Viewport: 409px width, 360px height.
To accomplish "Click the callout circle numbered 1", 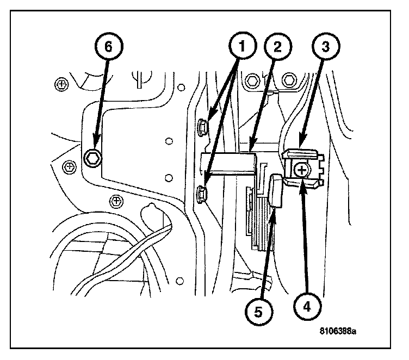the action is [x=242, y=46].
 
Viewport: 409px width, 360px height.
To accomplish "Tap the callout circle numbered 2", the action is [x=277, y=47].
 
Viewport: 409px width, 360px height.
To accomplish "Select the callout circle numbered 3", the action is [x=325, y=47].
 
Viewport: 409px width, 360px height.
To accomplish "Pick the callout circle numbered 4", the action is [x=307, y=306].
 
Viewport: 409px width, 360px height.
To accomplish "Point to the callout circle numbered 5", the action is [x=258, y=312].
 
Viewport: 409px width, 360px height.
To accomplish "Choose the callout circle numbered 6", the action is [x=109, y=46].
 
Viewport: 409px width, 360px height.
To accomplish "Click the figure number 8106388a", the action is [x=338, y=331].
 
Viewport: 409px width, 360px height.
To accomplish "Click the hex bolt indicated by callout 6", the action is [x=93, y=158].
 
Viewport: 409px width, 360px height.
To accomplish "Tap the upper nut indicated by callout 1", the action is [x=203, y=127].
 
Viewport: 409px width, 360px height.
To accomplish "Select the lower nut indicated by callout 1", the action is [x=202, y=194].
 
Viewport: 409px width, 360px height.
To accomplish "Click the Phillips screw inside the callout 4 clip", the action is [x=302, y=171].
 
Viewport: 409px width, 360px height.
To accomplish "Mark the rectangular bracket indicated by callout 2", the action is [x=228, y=164].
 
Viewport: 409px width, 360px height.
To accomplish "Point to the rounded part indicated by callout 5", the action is [x=276, y=191].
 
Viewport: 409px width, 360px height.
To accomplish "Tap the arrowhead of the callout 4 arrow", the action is [x=302, y=187].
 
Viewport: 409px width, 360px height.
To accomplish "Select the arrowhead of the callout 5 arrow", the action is [x=273, y=216].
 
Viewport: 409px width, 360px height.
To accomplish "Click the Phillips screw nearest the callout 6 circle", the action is [x=61, y=84].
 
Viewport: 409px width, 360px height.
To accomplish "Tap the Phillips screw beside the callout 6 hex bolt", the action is [x=70, y=166].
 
